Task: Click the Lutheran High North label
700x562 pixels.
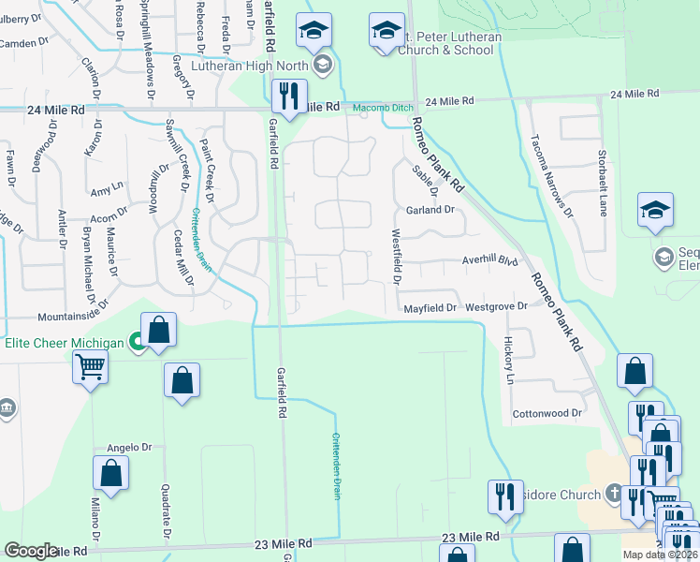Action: tap(250, 66)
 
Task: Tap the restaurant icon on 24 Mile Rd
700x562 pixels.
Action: tap(288, 96)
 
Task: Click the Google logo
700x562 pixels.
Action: tap(31, 551)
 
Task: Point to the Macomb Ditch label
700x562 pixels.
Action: tap(381, 108)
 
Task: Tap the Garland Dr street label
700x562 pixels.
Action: tap(430, 210)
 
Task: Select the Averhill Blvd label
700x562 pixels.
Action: tap(489, 260)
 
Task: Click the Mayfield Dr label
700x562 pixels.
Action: tap(430, 307)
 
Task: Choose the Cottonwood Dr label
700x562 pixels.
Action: tap(547, 413)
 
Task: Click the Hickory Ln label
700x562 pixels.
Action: tap(510, 361)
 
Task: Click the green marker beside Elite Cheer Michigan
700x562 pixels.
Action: tap(138, 343)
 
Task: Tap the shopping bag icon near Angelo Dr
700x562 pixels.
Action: tap(110, 474)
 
